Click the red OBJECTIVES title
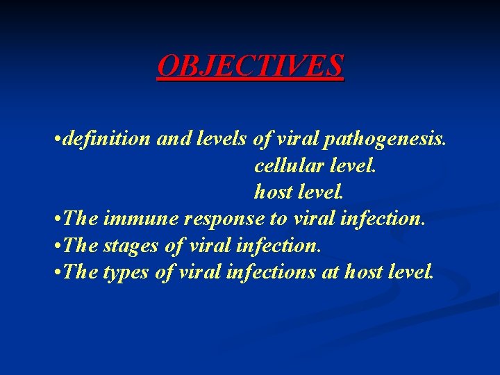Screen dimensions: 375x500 tap(250, 66)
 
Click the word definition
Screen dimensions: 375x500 tap(107, 140)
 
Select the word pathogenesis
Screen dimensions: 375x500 tap(395, 140)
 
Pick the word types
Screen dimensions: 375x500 tap(125, 272)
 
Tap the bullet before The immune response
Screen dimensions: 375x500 tap(57, 220)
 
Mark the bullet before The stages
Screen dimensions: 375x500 tap(57, 247)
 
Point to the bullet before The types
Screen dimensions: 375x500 tap(57, 273)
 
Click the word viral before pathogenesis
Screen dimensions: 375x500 tap(297, 140)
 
